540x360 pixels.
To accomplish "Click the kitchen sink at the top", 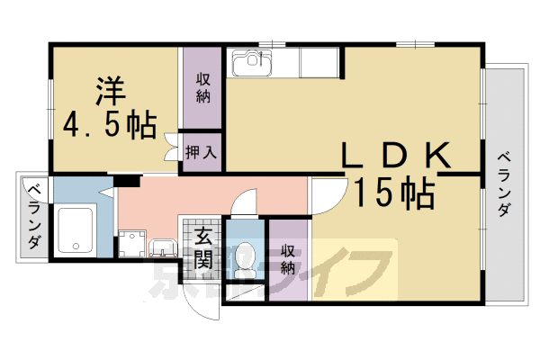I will tap(252, 65).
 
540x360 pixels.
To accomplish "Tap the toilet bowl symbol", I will tap(247, 258).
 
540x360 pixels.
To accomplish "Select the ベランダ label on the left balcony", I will tap(33, 216).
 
